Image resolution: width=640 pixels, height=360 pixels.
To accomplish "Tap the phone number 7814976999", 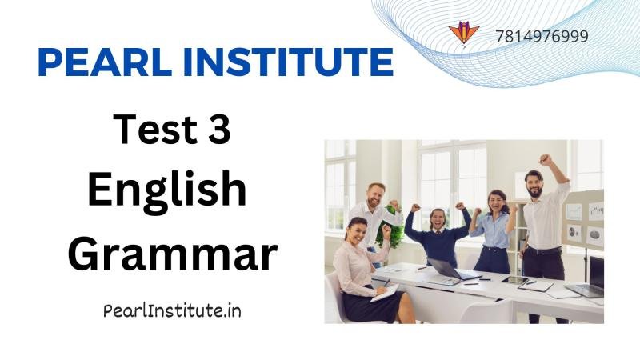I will tap(542, 36).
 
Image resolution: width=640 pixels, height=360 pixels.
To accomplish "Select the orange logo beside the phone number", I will tap(463, 33).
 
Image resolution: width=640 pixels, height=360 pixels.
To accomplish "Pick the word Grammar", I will tap(172, 254).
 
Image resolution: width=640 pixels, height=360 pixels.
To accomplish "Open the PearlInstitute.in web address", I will tap(172, 310).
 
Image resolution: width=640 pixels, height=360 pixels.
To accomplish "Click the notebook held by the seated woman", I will tap(384, 293).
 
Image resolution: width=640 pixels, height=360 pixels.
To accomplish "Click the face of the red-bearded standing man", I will tap(374, 194).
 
